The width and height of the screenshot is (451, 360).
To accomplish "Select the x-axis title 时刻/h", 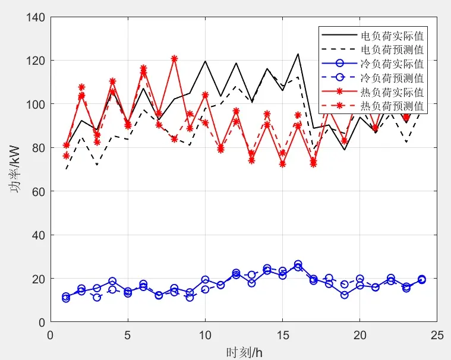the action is tap(244, 352).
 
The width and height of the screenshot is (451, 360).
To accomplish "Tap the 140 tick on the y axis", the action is tap(36, 18).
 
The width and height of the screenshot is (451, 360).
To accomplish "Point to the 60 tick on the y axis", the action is tap(39, 191).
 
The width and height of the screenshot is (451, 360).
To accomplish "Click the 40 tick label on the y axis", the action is tap(39, 235).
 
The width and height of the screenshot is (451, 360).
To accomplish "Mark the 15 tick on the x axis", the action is tap(282, 335).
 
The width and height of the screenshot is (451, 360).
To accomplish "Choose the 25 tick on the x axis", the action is tap(437, 335).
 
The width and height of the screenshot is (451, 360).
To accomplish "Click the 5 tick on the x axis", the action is tap(128, 335).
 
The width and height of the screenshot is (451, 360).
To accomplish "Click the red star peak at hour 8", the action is tap(174, 59).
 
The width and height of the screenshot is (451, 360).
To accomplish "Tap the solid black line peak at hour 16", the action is tap(298, 54).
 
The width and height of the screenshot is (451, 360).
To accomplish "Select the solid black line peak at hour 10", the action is tap(205, 61).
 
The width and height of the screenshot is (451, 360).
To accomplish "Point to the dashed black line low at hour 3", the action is tap(97, 165).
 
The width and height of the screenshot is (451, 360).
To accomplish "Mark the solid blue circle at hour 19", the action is tap(344, 295).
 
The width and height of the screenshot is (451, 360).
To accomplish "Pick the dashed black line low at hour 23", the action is tap(406, 142).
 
